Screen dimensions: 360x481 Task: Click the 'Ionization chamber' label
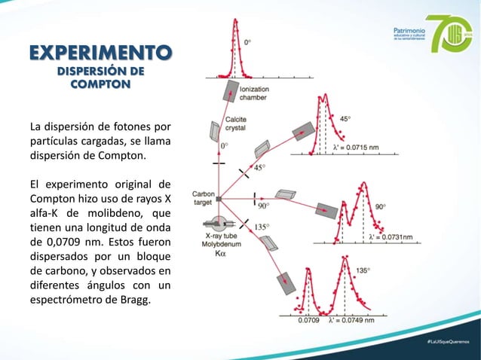pos(253,93)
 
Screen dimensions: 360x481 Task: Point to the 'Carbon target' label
pos(203,197)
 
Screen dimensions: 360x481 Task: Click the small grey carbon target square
pos(219,199)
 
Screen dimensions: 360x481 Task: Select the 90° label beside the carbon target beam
pos(264,205)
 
